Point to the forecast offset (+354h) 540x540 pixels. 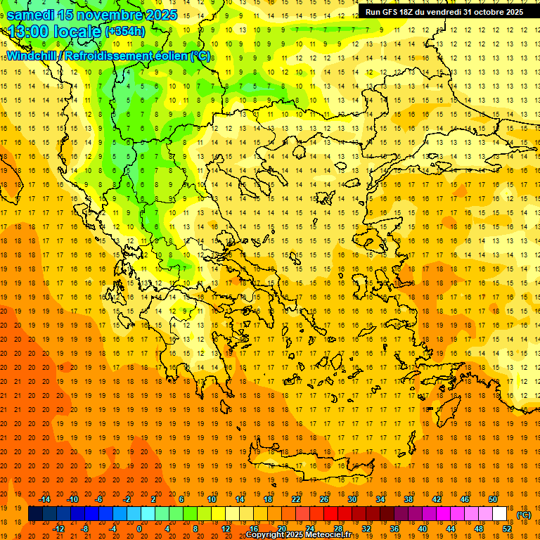click(125, 32)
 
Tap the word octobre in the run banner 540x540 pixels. click(484, 11)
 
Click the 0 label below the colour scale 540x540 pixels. click(139, 529)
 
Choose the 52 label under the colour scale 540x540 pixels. click(507, 529)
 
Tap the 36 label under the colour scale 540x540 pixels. click(394, 529)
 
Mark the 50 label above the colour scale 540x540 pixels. click(492, 499)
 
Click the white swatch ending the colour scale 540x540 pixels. click(499, 513)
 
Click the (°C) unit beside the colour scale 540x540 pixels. click(524, 515)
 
